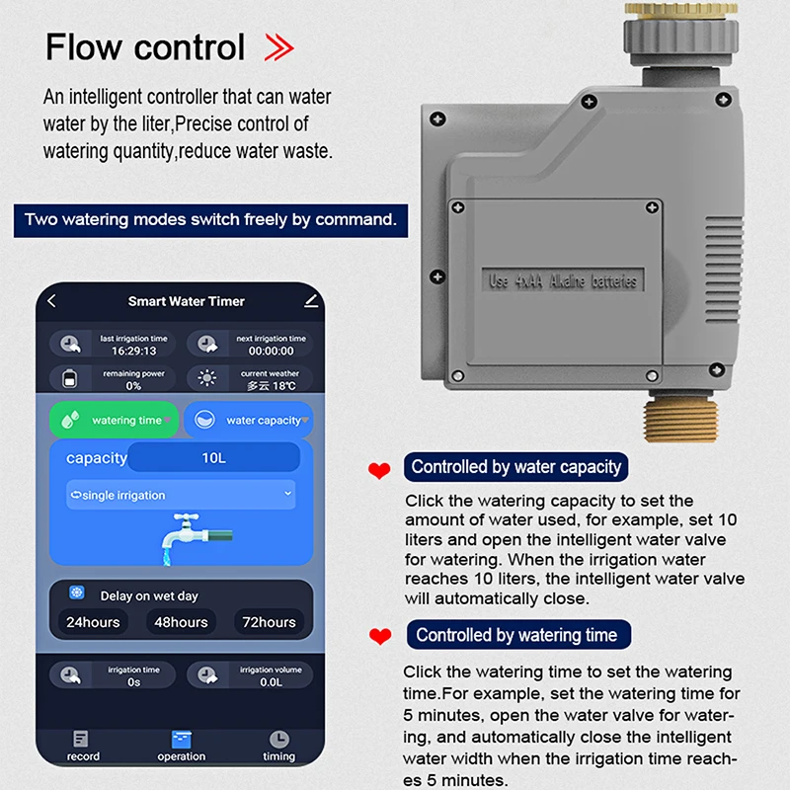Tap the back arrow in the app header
click(52, 301)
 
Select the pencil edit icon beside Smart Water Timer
click(312, 300)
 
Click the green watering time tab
click(114, 420)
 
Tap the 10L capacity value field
click(213, 457)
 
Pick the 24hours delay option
click(93, 622)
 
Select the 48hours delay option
click(181, 622)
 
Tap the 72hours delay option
click(269, 622)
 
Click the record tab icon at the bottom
click(81, 739)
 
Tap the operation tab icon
click(182, 739)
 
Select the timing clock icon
click(279, 739)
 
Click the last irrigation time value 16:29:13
click(134, 351)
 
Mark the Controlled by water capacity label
click(515, 467)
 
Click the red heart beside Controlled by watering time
click(379, 637)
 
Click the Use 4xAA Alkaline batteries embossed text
click(564, 281)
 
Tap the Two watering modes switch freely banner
click(210, 219)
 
